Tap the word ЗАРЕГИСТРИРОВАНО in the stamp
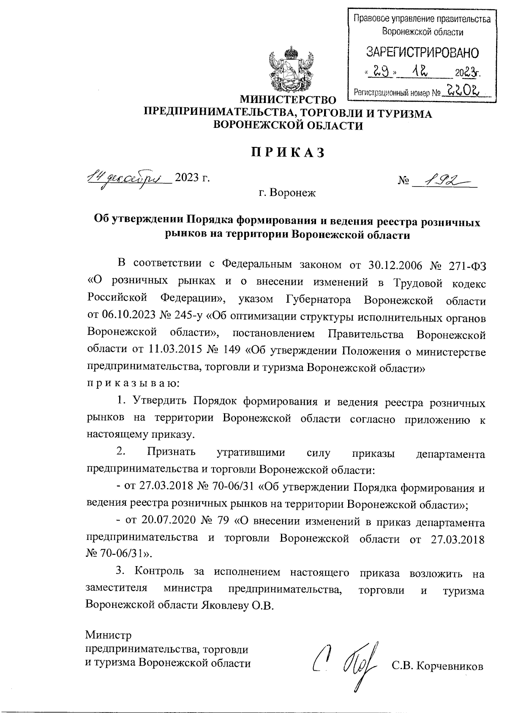pos(422,53)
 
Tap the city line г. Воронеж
pos(288,194)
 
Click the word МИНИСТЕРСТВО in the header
pos(288,100)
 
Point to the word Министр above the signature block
pos(108,635)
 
